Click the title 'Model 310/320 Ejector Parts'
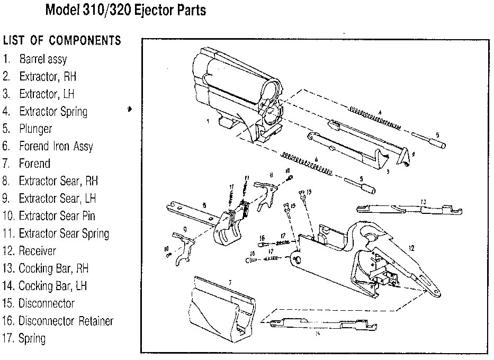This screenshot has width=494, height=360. click(125, 10)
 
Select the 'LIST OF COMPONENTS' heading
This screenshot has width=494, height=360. click(62, 41)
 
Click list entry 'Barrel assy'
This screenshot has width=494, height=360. click(43, 59)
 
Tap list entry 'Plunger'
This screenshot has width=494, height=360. click(35, 129)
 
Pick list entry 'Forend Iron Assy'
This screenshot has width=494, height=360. click(56, 146)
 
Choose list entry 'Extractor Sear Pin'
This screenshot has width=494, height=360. click(57, 216)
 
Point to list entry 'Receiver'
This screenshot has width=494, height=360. click(37, 251)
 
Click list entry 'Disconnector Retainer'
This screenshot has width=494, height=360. click(66, 321)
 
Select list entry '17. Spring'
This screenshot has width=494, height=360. click(32, 338)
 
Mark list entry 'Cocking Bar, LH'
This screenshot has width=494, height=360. click(52, 286)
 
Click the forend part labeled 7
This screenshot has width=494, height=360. click(222, 307)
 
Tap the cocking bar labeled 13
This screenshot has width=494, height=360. click(408, 209)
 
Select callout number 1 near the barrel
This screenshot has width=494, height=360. click(208, 121)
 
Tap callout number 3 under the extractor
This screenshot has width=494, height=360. click(388, 172)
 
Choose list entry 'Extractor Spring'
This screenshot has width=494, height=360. click(53, 111)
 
